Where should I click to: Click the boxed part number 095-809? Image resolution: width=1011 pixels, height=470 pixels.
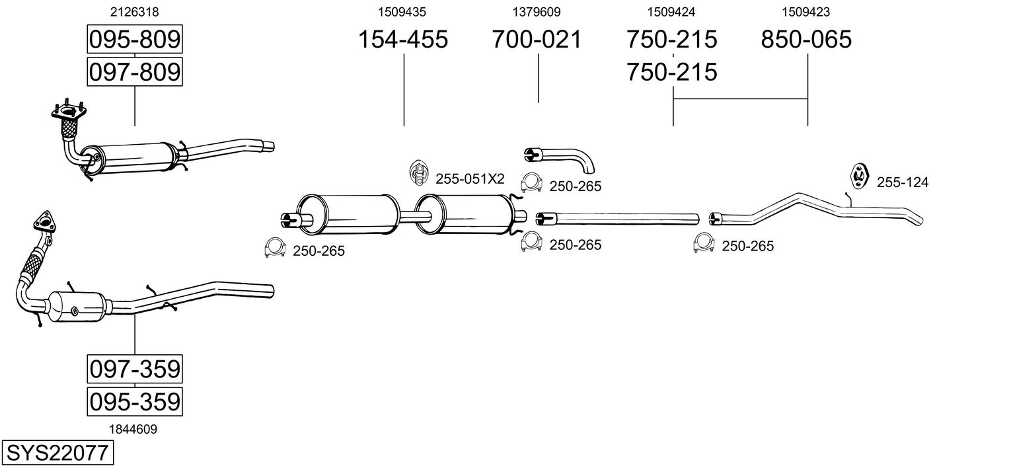click(x=134, y=40)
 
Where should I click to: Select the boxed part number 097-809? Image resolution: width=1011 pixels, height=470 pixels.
click(x=134, y=71)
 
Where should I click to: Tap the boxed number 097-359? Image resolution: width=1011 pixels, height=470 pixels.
click(x=134, y=369)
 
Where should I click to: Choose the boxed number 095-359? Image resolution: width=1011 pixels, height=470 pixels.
click(x=134, y=401)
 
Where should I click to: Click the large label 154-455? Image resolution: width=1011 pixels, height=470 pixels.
click(x=402, y=40)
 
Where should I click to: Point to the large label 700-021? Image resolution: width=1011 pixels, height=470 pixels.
click(x=537, y=40)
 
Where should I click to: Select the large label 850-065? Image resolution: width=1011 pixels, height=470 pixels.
click(x=806, y=40)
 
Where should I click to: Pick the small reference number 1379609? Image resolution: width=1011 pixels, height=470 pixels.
click(x=537, y=12)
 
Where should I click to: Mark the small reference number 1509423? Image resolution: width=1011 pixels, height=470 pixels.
click(x=806, y=12)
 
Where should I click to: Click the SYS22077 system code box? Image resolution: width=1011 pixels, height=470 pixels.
click(x=57, y=453)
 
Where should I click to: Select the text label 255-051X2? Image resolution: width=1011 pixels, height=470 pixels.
click(x=470, y=178)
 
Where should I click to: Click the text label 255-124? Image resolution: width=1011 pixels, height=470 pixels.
click(x=902, y=182)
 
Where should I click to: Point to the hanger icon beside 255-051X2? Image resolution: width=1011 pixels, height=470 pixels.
click(x=418, y=173)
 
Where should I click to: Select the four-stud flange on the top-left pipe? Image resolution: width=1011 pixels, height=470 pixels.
click(x=68, y=114)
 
